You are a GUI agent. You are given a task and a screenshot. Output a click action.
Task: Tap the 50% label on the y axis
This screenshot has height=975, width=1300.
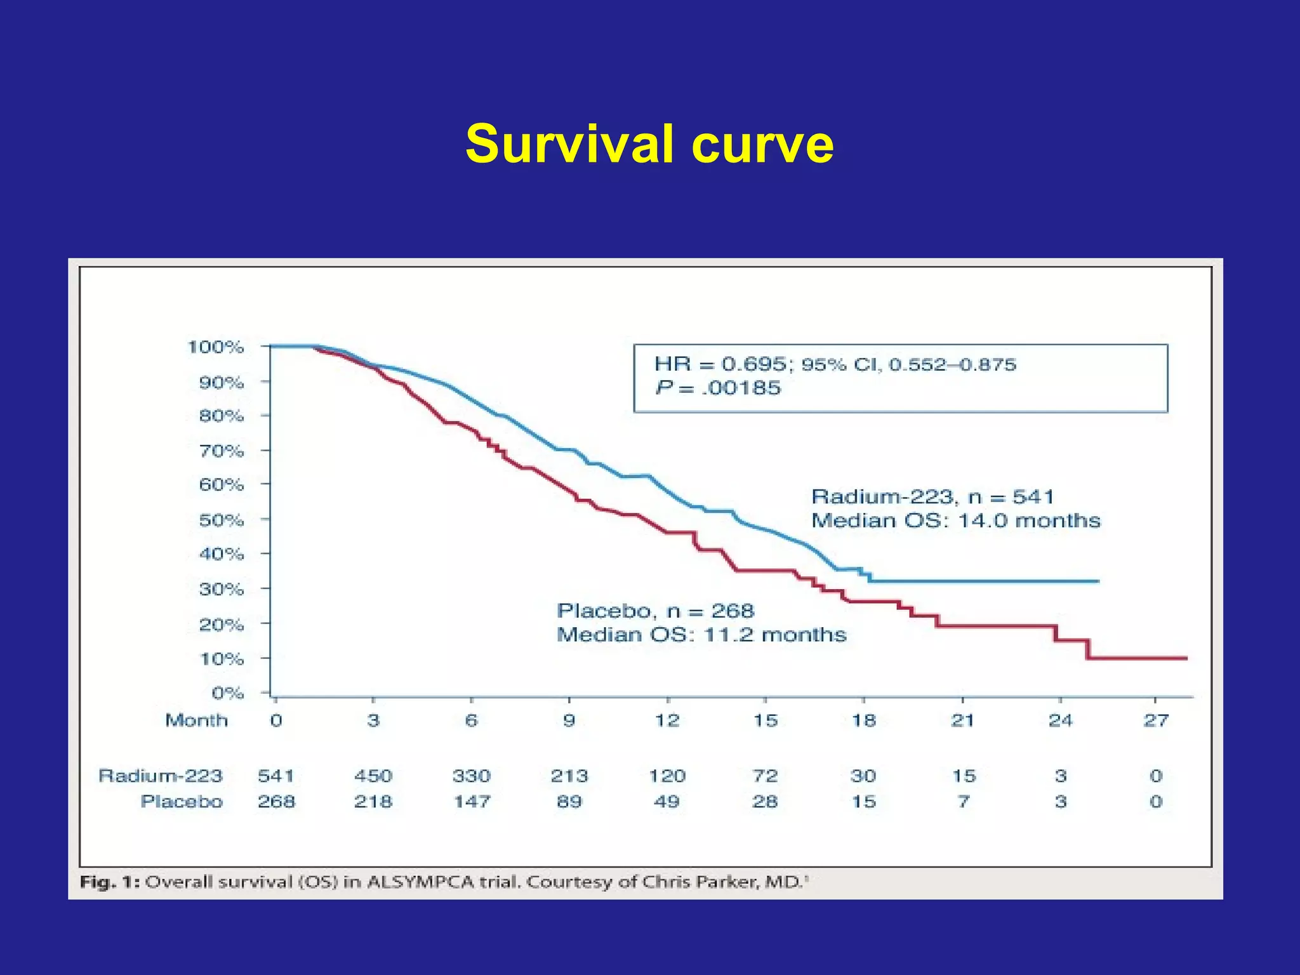[x=222, y=521]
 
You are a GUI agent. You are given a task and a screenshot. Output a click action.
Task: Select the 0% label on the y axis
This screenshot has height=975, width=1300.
[x=228, y=693]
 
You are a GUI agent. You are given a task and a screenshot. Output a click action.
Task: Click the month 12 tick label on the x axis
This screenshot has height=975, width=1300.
[x=667, y=720]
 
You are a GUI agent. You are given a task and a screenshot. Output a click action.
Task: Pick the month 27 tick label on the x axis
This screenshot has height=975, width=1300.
[x=1156, y=720]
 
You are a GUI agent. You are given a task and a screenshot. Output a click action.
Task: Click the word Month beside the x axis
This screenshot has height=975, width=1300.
[x=196, y=720]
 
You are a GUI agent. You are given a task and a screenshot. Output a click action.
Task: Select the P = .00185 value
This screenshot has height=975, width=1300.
[x=718, y=388]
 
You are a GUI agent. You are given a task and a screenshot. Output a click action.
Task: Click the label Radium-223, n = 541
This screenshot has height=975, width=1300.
[x=932, y=497]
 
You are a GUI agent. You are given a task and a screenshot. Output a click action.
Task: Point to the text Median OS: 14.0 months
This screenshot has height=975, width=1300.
[x=955, y=521]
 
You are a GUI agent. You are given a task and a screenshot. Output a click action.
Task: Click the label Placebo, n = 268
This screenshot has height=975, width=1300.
[x=655, y=611]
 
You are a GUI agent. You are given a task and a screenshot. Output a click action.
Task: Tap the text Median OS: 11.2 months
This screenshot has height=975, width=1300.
[x=701, y=635]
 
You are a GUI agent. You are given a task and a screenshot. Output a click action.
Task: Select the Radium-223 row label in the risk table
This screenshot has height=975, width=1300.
[x=161, y=776]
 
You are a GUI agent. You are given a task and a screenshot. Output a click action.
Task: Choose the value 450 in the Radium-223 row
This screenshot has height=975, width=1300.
[x=373, y=776]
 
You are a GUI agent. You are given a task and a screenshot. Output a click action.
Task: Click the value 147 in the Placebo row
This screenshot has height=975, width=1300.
[x=472, y=802]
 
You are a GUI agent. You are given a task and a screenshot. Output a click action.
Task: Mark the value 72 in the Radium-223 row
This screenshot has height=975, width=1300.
[x=765, y=776]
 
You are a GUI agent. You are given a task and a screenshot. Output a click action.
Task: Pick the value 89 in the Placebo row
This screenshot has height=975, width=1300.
[x=569, y=802]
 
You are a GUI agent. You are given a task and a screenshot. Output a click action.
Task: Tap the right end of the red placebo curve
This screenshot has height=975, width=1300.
[x=1185, y=658]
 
